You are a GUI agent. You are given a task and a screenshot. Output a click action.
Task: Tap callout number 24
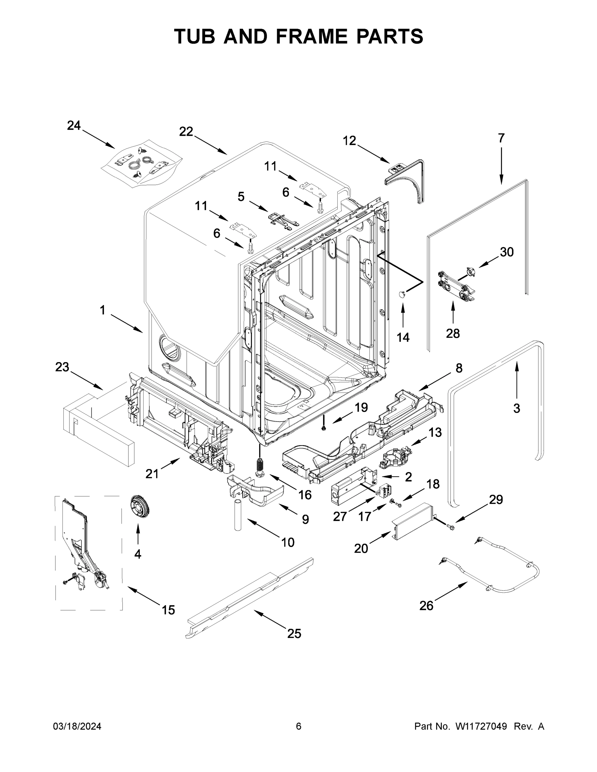74,125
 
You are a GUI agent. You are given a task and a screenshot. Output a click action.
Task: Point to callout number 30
507,252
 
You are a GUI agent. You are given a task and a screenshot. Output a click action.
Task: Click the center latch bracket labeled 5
282,219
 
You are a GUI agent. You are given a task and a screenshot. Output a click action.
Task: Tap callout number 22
186,132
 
